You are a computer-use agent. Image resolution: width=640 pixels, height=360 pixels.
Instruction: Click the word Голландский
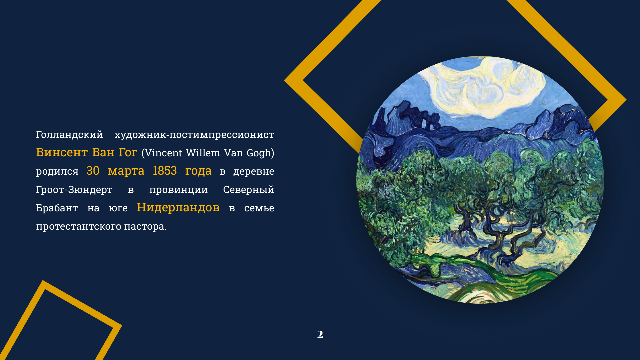point(69,135)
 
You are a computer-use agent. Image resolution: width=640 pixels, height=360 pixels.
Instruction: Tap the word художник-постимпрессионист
point(194,135)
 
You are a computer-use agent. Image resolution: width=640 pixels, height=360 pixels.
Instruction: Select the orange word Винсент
point(62,152)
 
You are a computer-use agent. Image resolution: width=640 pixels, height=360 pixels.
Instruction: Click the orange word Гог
point(128,152)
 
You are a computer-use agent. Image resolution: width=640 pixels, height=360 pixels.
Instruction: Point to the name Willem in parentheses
point(203,153)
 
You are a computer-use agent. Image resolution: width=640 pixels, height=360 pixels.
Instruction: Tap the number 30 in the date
point(93,171)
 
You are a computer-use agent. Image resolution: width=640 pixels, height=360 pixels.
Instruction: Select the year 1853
point(165,171)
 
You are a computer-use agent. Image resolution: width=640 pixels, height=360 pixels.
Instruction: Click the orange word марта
point(126,171)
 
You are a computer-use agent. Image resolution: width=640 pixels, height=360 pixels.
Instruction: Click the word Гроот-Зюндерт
point(74,190)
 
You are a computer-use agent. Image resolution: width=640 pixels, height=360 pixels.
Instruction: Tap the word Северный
point(249,189)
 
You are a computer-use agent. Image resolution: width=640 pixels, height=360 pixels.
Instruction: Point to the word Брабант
point(57,208)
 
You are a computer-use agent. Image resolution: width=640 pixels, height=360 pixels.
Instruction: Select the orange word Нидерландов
point(178,207)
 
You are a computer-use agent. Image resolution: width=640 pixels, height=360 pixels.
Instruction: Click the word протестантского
point(79,227)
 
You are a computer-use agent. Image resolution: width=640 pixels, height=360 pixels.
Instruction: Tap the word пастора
point(145,227)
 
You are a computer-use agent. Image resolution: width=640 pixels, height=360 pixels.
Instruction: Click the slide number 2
point(320,334)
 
